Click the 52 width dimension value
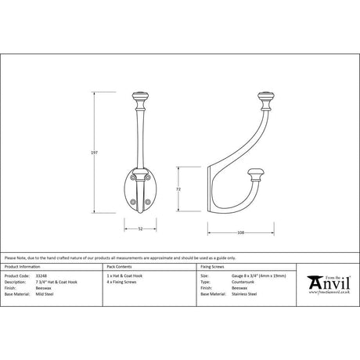[x=139, y=229]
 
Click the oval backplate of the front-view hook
[x=139, y=189]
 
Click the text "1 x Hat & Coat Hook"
[x=124, y=275]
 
